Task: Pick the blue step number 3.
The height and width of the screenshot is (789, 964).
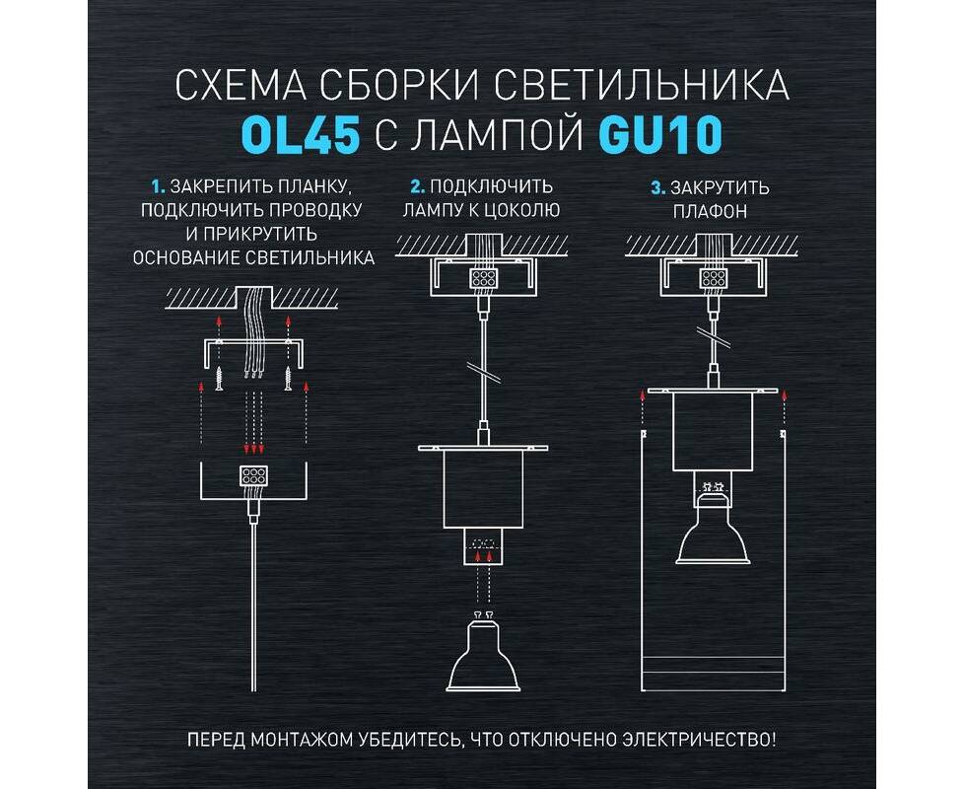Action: (657, 187)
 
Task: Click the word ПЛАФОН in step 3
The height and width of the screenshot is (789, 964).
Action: (710, 211)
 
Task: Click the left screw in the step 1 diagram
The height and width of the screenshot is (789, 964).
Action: (219, 377)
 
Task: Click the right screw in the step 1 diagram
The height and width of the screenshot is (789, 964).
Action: (288, 377)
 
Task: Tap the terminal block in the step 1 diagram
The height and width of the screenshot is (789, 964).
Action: (253, 476)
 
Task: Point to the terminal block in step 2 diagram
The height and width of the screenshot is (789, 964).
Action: (484, 278)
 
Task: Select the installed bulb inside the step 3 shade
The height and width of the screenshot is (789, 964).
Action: (714, 524)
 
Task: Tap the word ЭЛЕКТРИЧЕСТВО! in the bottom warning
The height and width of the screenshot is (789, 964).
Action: (699, 738)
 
